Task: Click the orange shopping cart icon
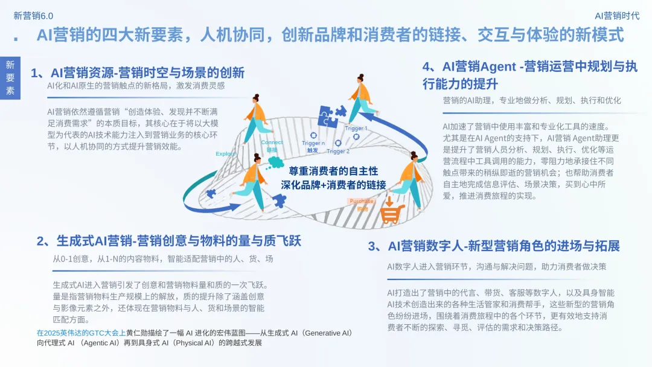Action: (391, 212)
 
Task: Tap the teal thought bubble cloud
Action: (275, 162)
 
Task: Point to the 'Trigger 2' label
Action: (338, 152)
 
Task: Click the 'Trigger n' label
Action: (313, 143)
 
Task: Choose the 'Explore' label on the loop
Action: (225, 154)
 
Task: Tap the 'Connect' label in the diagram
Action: (272, 143)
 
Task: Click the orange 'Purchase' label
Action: (361, 201)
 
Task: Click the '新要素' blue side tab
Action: (10, 78)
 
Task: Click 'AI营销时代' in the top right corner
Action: (616, 16)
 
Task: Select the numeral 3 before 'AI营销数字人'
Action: (372, 246)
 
